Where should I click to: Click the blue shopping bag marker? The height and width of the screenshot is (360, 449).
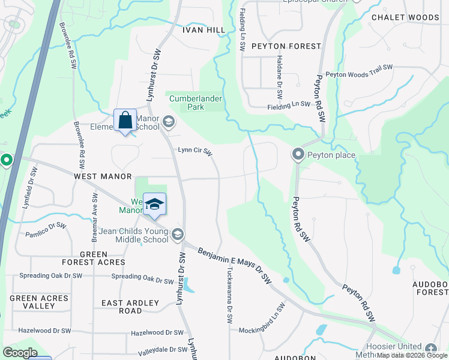click(x=125, y=120)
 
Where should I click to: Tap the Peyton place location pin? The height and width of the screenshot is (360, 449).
click(x=298, y=155)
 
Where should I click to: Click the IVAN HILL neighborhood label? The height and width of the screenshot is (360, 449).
click(x=203, y=30)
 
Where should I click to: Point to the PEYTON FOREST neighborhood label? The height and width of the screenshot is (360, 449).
click(x=286, y=46)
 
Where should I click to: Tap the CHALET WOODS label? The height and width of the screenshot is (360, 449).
click(x=405, y=17)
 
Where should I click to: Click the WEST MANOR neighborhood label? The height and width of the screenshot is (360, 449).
click(x=103, y=176)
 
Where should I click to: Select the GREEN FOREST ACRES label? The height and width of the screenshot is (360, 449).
click(x=94, y=258)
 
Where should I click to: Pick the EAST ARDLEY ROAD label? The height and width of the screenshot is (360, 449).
click(x=130, y=307)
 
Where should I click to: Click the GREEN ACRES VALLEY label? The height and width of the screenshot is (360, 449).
click(x=39, y=302)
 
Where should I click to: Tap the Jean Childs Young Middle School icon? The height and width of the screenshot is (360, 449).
click(x=177, y=234)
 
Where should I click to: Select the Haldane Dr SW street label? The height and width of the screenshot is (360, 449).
click(x=280, y=78)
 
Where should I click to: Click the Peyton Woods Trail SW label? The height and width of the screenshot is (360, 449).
click(x=359, y=71)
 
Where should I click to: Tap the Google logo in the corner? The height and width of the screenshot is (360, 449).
click(x=20, y=353)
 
